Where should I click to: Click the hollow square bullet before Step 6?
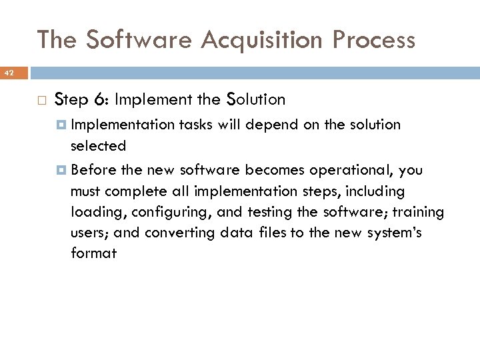(41, 100)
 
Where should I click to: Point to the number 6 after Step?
(98, 100)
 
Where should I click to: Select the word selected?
(98, 145)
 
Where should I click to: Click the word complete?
(136, 191)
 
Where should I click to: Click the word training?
(418, 212)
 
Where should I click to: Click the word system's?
(394, 233)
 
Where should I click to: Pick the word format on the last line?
(93, 253)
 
